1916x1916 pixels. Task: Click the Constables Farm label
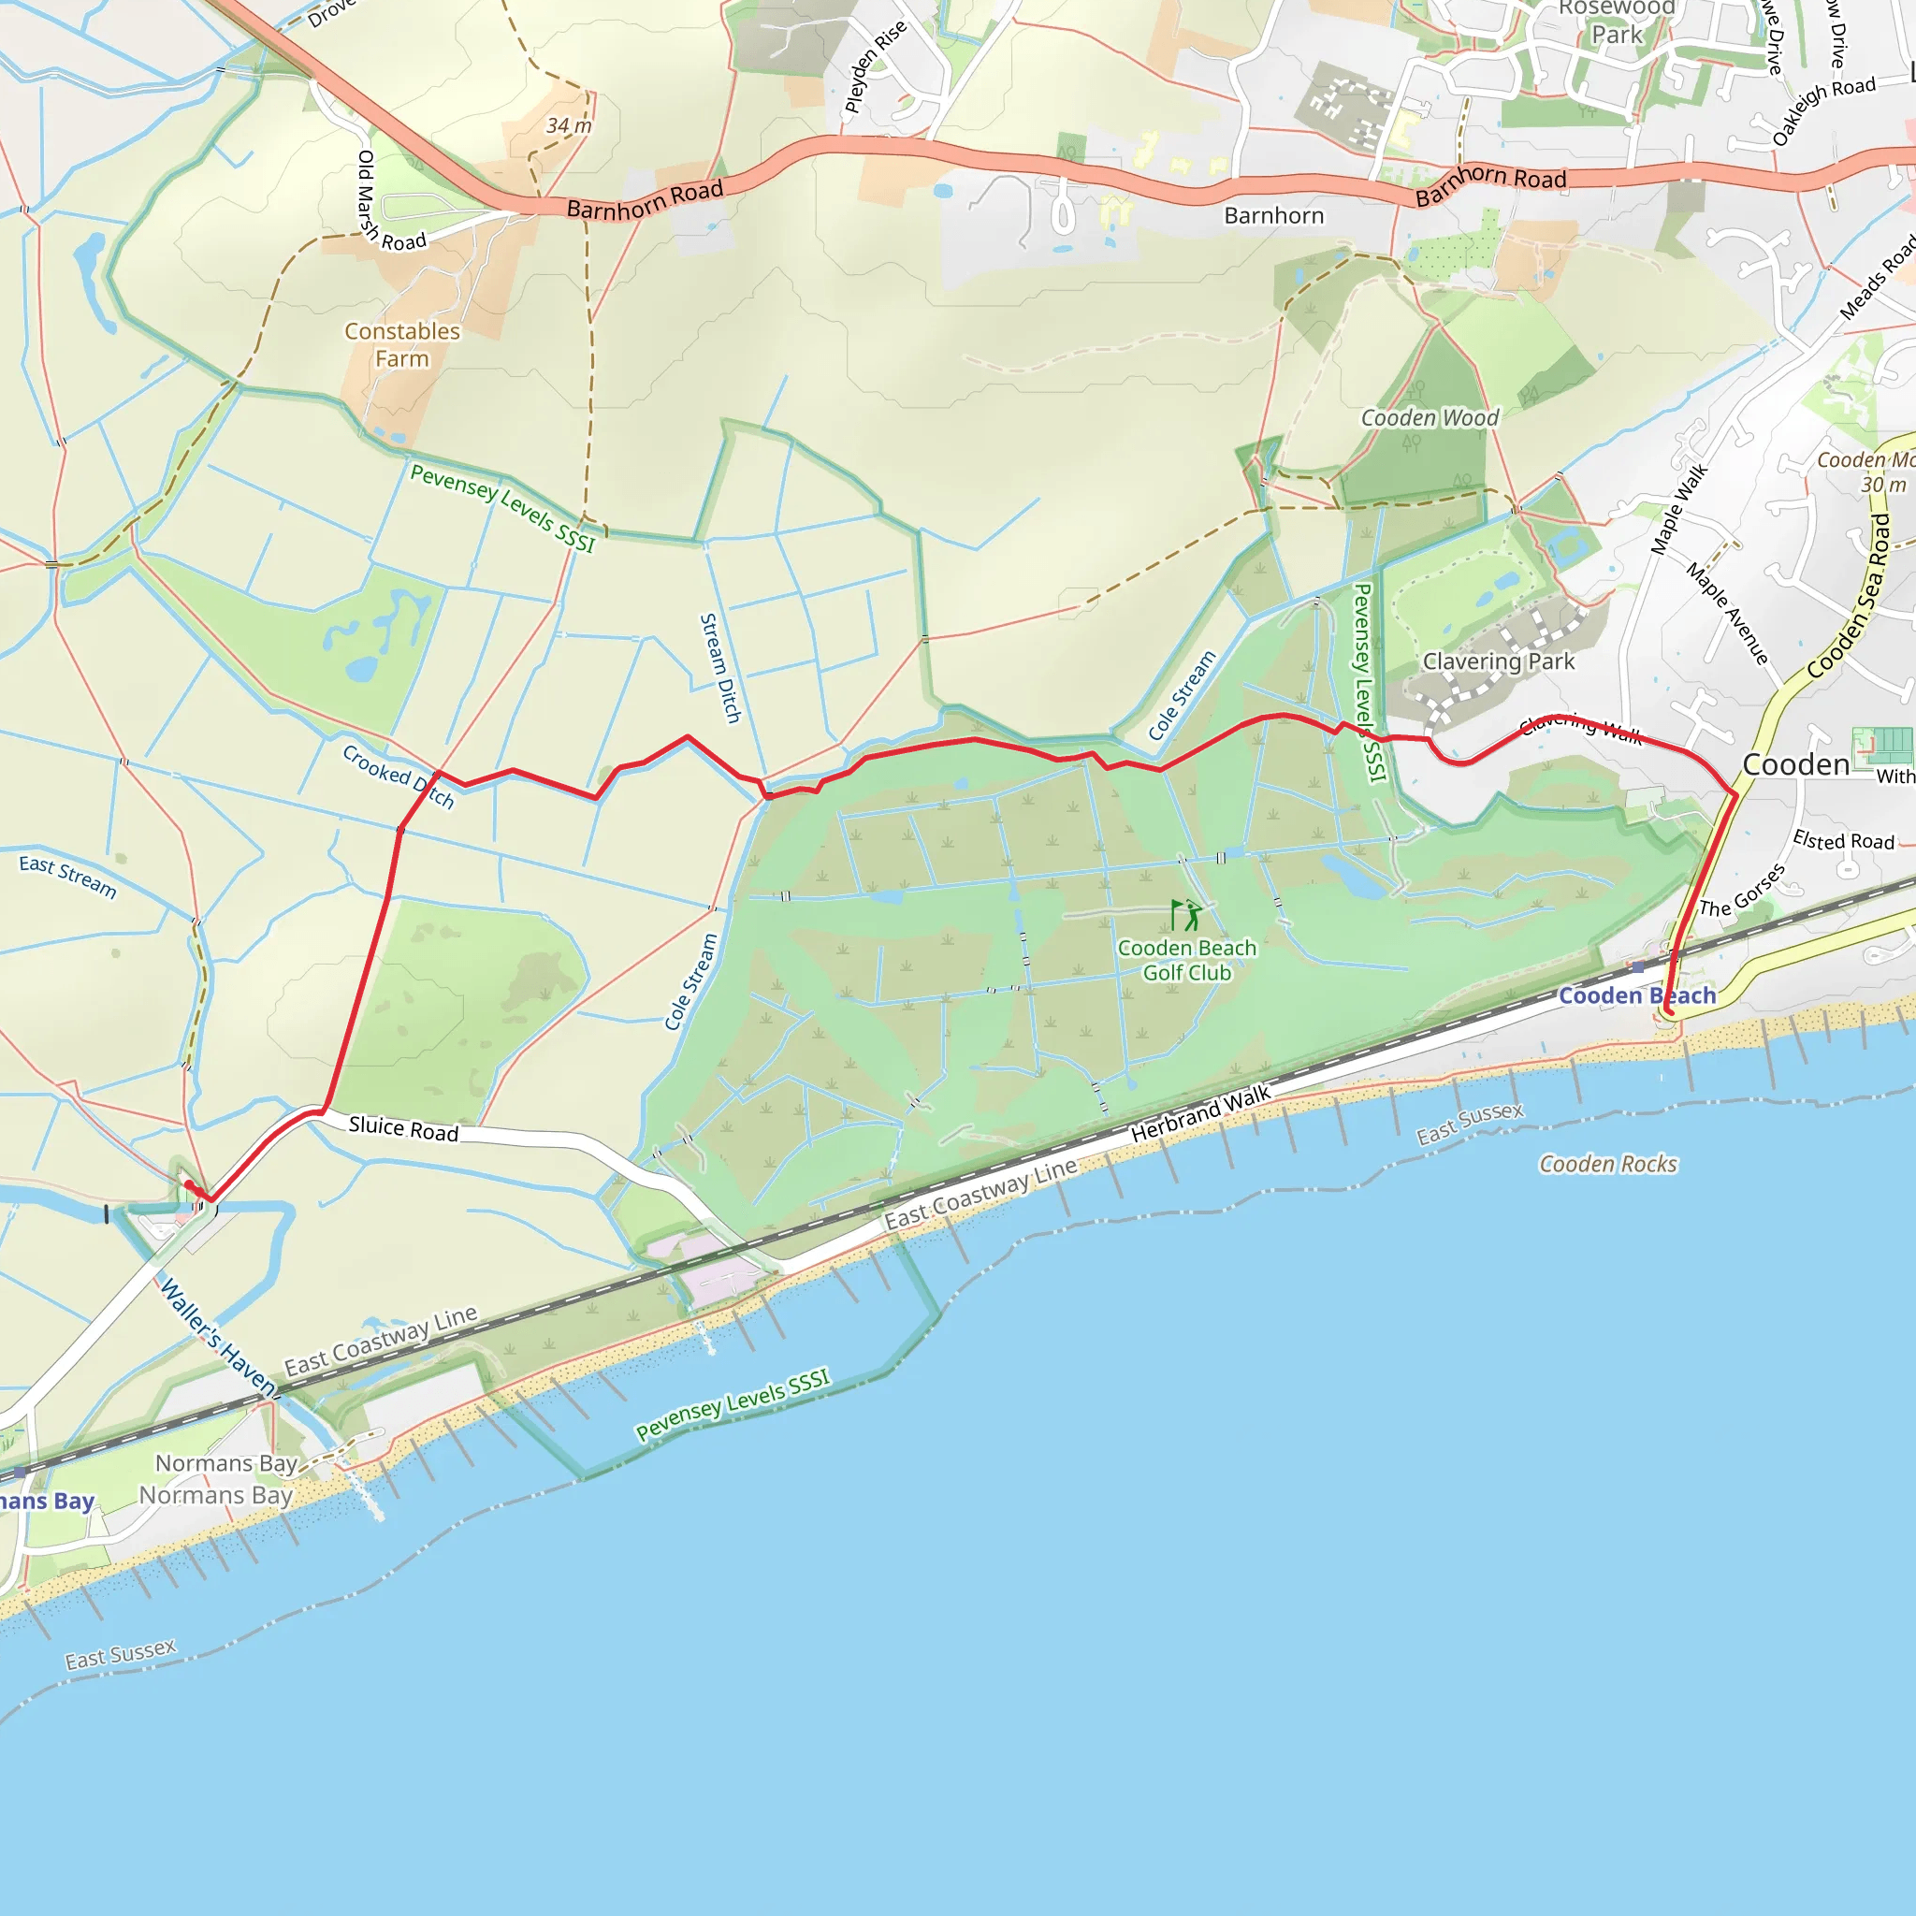[401, 345]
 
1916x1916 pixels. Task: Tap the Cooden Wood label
[1430, 418]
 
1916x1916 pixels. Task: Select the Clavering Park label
[1498, 661]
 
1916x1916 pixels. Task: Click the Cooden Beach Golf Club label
[1186, 960]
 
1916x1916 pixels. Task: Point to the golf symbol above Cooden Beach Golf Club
[1186, 914]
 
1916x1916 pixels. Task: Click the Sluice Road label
[403, 1128]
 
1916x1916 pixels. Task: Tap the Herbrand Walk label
[1200, 1113]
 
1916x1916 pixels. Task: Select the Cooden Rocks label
[1607, 1164]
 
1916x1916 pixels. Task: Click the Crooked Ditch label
[398, 777]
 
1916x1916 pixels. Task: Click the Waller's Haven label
[217, 1335]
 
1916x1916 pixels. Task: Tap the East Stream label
[67, 877]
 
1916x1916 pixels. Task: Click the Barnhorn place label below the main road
[1273, 216]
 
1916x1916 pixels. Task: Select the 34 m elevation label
[568, 126]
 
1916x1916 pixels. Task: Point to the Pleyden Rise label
[875, 66]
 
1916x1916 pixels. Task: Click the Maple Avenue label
[1727, 614]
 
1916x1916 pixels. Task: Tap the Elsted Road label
[1843, 841]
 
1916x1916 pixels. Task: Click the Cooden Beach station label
[1636, 995]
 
